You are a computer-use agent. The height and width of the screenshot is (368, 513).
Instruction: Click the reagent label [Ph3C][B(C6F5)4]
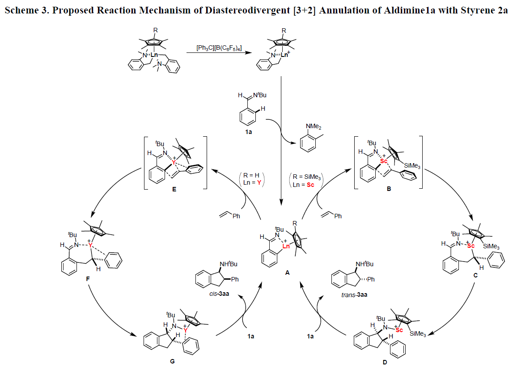click(219, 48)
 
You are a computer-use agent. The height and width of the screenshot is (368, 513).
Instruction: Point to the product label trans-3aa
click(351, 296)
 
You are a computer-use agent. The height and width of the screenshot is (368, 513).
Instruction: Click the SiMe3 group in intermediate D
click(414, 333)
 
